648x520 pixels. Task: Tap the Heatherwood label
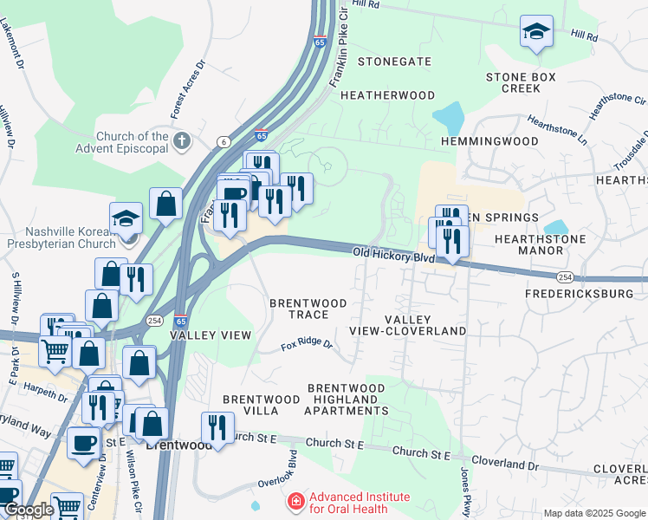(x=387, y=94)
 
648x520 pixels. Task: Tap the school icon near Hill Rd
(x=536, y=33)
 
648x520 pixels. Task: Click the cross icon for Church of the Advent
(x=181, y=140)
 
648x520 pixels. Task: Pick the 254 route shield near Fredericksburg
(x=565, y=276)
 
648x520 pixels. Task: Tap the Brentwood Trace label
(x=308, y=309)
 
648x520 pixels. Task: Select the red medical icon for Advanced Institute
(x=296, y=502)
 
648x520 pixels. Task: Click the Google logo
(x=28, y=510)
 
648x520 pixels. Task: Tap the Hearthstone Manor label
(x=540, y=244)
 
